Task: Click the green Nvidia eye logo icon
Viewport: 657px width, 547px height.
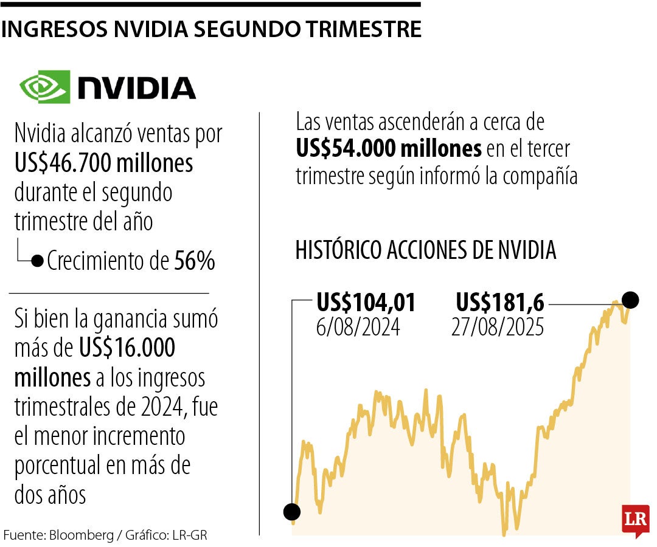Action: coord(44,86)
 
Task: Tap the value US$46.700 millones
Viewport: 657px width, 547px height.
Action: coord(104,163)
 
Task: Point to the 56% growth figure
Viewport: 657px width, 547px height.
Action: coord(195,261)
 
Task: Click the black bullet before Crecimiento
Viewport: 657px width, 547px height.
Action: coord(37,261)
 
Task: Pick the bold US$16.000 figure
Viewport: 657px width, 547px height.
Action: coord(127,348)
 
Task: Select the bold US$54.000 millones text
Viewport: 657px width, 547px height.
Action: coord(389,148)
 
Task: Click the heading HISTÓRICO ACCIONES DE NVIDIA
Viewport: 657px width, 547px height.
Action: coord(426,250)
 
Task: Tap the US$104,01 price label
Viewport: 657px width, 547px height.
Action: coord(366,302)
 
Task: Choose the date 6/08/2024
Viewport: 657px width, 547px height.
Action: coord(358,327)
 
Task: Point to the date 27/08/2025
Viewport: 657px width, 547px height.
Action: coord(498,327)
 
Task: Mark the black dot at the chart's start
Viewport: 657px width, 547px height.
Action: coord(292,512)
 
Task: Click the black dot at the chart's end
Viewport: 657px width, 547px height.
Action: coord(631,300)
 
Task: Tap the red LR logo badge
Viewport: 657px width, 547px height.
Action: coord(635,520)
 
